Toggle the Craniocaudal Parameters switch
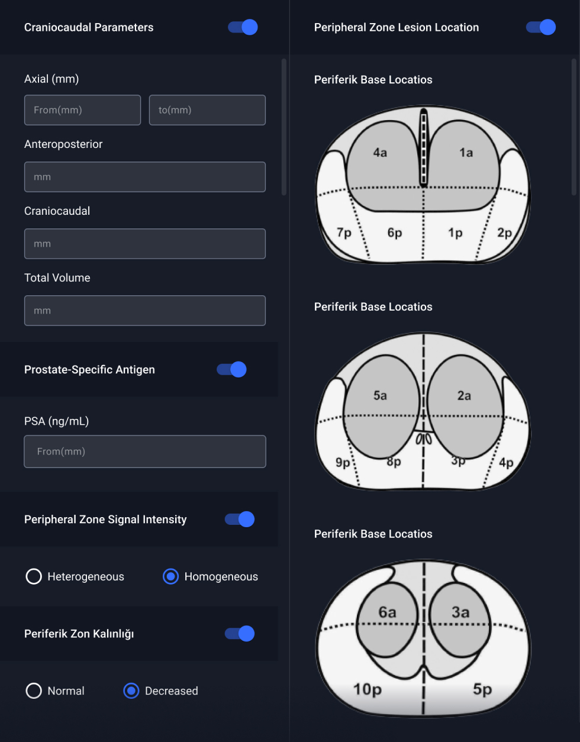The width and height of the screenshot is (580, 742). (x=243, y=27)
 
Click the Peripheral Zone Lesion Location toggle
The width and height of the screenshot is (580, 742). (x=541, y=27)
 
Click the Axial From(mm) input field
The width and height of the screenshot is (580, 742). (x=82, y=110)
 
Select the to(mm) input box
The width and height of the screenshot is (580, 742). (x=207, y=110)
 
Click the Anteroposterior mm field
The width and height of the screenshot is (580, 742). (x=145, y=177)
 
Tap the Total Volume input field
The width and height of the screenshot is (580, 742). (x=145, y=311)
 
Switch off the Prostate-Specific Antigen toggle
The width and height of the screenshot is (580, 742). (x=231, y=369)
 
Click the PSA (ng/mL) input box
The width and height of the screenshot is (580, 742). (x=145, y=451)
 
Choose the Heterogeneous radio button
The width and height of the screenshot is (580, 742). (x=34, y=576)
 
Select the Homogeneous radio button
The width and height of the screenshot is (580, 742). (x=170, y=576)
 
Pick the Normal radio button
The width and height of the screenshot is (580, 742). (x=34, y=691)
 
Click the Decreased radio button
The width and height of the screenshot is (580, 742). (x=131, y=691)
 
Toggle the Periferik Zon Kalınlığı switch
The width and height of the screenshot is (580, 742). (x=239, y=634)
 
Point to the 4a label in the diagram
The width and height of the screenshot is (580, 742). (x=380, y=153)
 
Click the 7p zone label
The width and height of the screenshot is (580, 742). (x=344, y=233)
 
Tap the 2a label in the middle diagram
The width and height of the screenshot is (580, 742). (x=464, y=396)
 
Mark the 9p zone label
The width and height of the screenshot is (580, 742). (x=343, y=463)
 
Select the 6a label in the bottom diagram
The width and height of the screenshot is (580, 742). (x=388, y=612)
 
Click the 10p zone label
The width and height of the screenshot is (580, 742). (x=368, y=689)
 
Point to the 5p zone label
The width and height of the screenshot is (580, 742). (x=482, y=689)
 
